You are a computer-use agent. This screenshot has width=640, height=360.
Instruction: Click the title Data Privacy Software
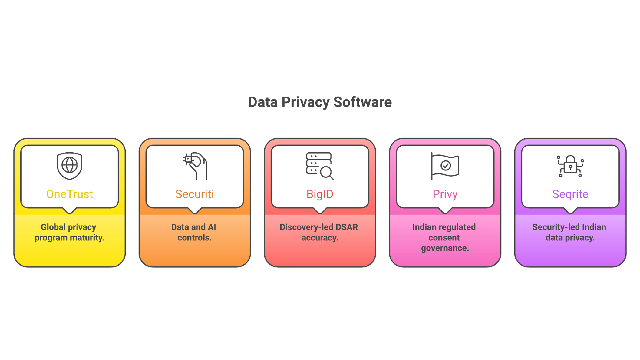coord(320,102)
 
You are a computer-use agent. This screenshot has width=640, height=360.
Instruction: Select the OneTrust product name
coord(69,194)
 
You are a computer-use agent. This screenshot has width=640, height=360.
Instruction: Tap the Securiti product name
coord(195,194)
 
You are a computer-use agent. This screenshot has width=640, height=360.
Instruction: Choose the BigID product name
coord(320,194)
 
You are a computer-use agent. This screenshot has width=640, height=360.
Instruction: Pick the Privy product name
coord(445,195)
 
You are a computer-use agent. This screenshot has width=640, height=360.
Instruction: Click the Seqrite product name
coord(570,195)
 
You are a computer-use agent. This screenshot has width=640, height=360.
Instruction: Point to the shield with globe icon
coord(69,166)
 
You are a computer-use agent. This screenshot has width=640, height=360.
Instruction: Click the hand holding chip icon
coord(195,166)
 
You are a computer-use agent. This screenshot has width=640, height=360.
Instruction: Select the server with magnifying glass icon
coord(320,166)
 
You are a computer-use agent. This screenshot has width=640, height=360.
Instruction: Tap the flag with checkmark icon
coord(445,166)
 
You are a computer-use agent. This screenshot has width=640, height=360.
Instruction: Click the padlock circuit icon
coord(570,166)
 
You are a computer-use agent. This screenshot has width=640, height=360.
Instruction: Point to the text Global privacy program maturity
coord(69,232)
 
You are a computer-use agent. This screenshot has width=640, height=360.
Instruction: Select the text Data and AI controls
coord(194,232)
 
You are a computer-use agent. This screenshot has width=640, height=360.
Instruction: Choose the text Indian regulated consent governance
coord(444,237)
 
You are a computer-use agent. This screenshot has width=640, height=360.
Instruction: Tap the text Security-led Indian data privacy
coord(570,232)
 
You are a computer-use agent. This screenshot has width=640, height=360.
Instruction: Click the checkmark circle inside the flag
coord(445,165)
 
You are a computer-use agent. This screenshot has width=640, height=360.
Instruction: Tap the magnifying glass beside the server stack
coord(327,173)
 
